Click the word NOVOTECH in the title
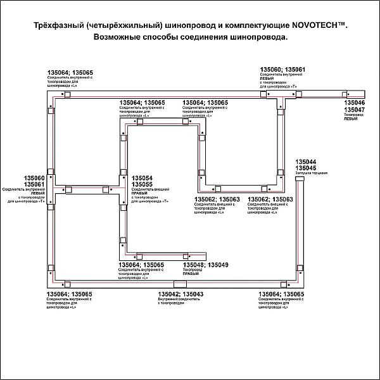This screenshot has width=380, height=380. click(315, 25)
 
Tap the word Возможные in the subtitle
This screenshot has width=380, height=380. click(119, 37)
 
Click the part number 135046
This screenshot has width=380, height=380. click(354, 102)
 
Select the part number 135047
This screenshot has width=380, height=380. click(354, 109)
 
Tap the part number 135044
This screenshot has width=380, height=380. click(307, 161)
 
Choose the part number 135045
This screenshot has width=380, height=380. click(307, 168)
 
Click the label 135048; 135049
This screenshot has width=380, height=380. click(205, 264)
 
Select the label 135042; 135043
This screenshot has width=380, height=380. click(180, 294)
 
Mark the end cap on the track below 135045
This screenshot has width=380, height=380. click(298, 182)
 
